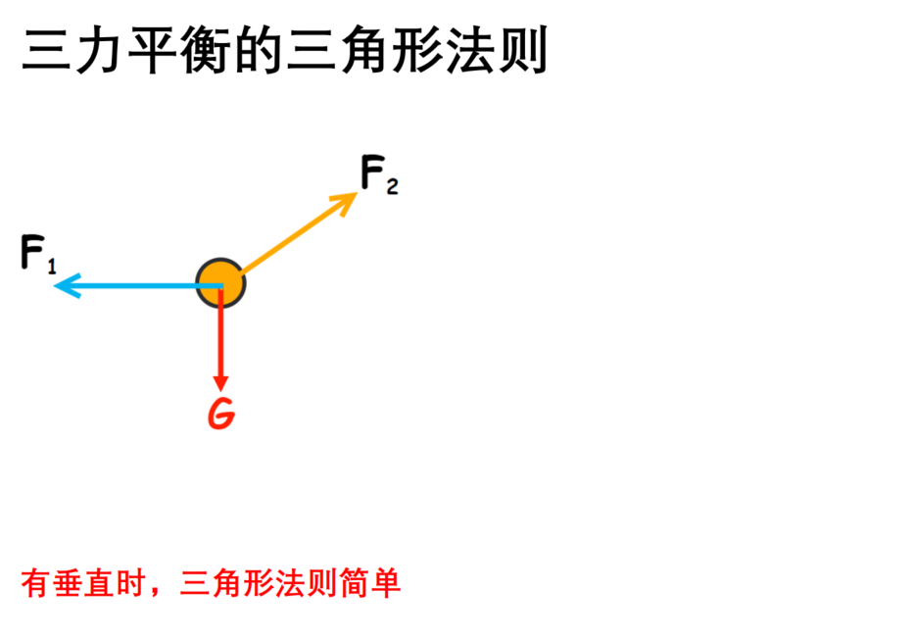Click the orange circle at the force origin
click(220, 283)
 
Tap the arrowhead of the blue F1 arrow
click(67, 285)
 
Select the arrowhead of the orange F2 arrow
click(345, 202)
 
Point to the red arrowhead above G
click(220, 383)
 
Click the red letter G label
click(221, 414)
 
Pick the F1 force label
click(38, 254)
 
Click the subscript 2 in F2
click(393, 186)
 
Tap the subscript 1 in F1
click(52, 267)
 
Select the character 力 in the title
click(99, 50)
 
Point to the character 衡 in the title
click(205, 50)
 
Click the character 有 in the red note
click(36, 583)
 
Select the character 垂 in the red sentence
click(68, 583)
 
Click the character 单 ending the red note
click(385, 583)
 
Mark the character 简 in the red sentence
click(354, 583)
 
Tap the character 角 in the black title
click(363, 50)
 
